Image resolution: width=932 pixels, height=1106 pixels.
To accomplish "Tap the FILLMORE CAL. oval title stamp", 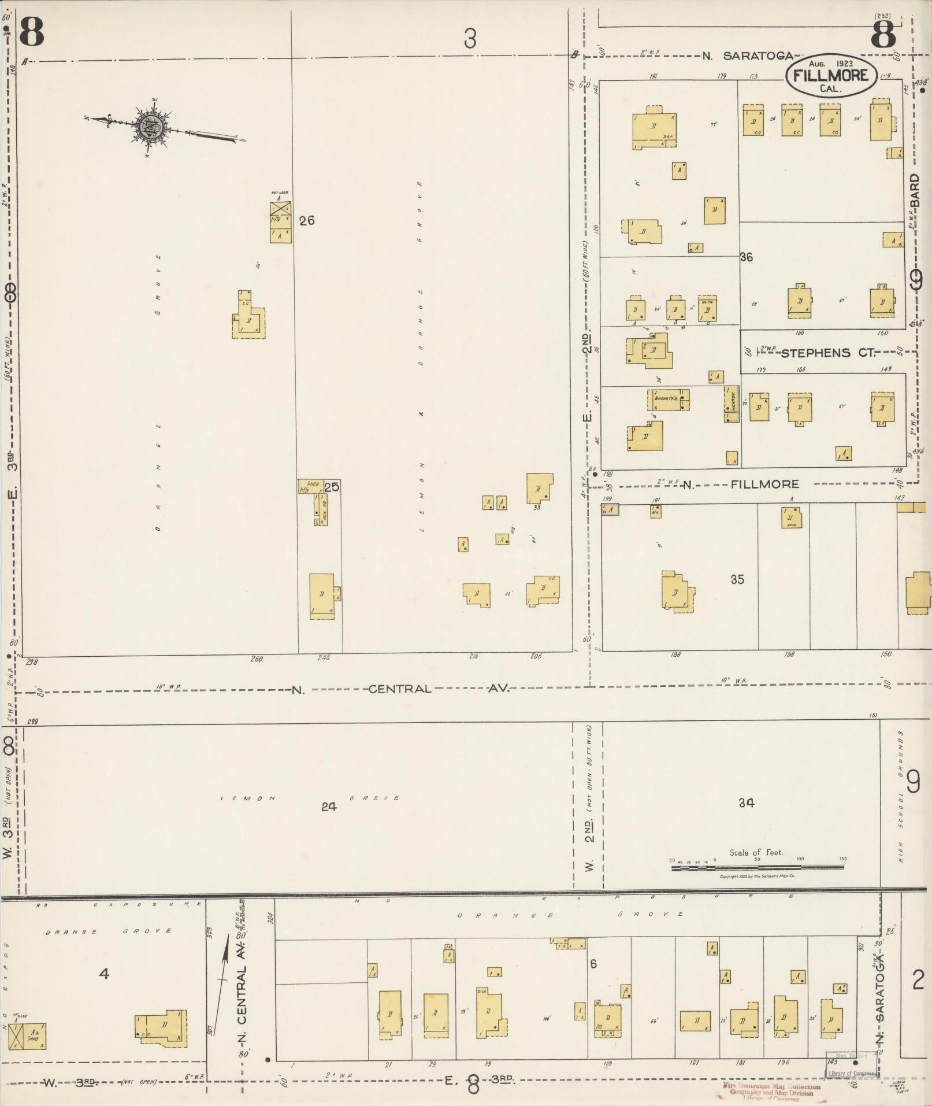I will pyautogui.click(x=830, y=75).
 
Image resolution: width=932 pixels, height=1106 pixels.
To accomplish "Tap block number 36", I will pyautogui.click(x=746, y=257).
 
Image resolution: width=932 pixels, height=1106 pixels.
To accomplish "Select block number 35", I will pyautogui.click(x=737, y=579).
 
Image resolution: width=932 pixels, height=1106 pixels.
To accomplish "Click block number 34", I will pyautogui.click(x=746, y=802).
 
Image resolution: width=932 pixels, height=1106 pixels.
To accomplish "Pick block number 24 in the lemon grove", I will pyautogui.click(x=329, y=807).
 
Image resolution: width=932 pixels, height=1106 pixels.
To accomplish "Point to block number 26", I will pyautogui.click(x=307, y=220).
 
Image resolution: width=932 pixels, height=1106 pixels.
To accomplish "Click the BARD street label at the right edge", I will pyautogui.click(x=915, y=191).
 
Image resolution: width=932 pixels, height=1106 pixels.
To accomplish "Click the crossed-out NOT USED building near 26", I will pyautogui.click(x=280, y=207).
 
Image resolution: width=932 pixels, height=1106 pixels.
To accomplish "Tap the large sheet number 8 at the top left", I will pyautogui.click(x=31, y=33).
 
